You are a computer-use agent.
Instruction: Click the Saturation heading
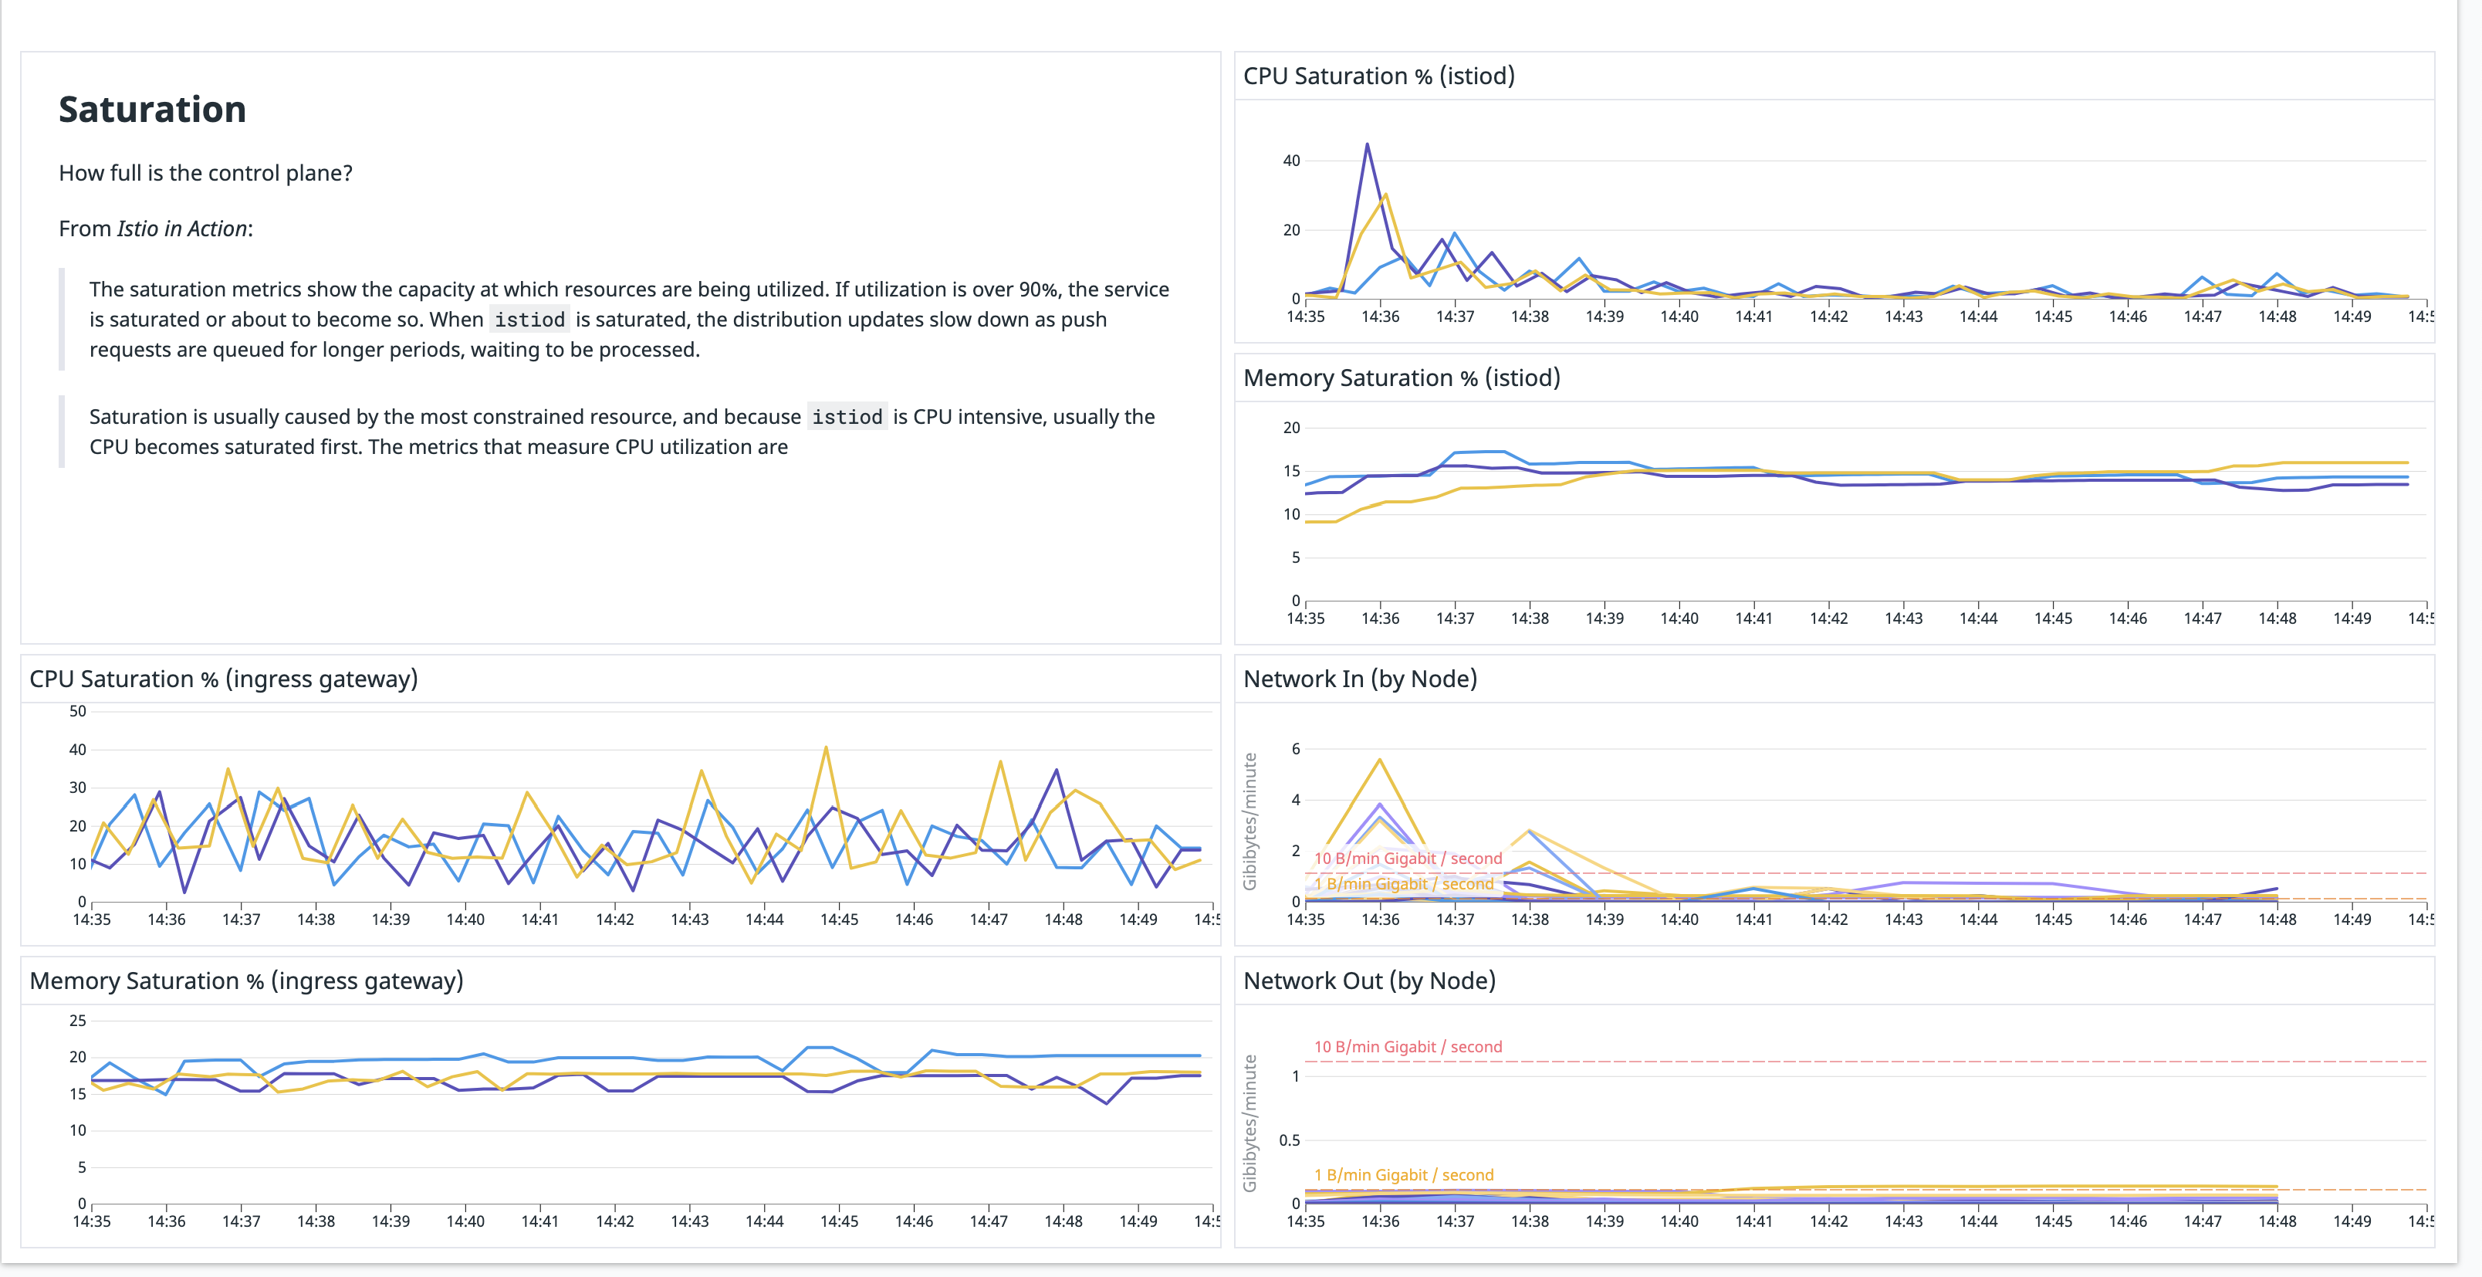coord(152,110)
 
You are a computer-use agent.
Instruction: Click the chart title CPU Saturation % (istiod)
coord(1378,76)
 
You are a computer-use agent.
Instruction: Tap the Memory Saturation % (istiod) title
coord(1401,378)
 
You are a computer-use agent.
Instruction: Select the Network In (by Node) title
coord(1360,679)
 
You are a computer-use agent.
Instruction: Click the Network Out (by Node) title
coord(1368,981)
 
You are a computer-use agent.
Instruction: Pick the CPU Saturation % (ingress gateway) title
coord(224,679)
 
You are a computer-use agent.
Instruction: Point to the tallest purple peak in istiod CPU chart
coord(1366,145)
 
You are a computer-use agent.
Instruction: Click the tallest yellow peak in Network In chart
coord(1380,760)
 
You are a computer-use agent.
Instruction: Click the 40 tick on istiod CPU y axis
coord(1291,161)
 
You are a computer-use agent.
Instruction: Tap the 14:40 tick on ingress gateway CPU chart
coord(465,920)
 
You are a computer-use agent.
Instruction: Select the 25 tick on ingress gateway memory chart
coord(77,1021)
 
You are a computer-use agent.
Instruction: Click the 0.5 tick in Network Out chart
coord(1289,1140)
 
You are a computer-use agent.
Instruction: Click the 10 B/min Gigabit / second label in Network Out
coord(1407,1047)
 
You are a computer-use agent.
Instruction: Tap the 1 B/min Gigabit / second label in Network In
coord(1403,884)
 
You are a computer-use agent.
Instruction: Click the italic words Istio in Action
coord(182,229)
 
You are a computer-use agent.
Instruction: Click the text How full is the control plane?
coord(205,174)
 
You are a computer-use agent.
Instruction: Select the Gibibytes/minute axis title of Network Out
coord(1249,1123)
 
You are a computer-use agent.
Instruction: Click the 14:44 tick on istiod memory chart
coord(1978,618)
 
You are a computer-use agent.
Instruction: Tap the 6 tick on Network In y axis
coord(1295,749)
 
